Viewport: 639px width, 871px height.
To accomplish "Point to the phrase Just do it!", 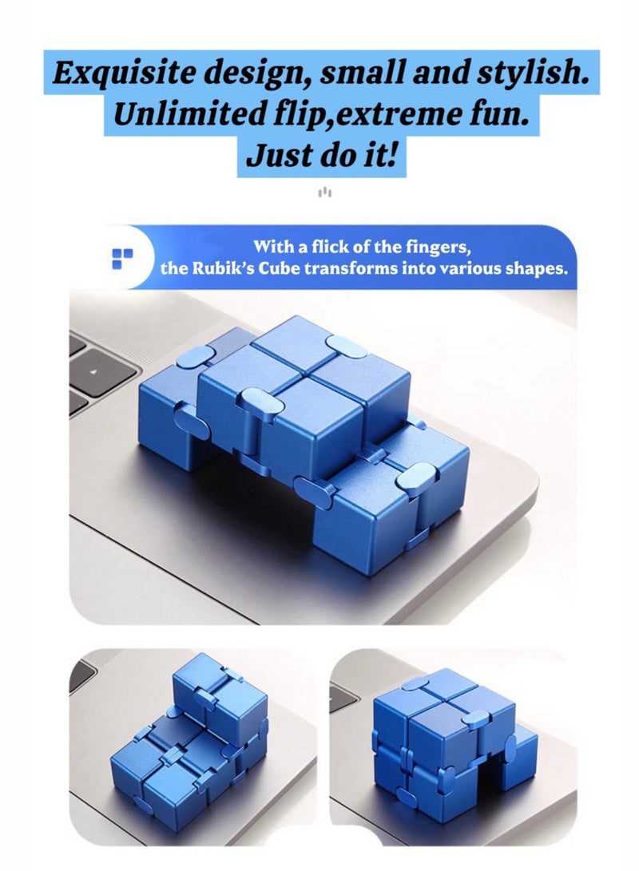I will [x=321, y=155].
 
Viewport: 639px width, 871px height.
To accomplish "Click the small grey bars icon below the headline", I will [x=324, y=192].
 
